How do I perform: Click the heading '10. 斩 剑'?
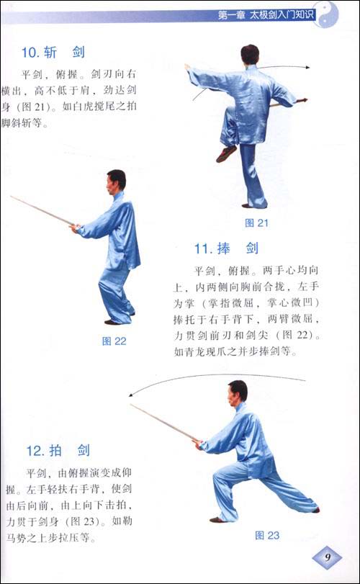pos(53,52)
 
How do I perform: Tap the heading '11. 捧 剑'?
pos(226,249)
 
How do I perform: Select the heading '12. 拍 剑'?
pos(58,451)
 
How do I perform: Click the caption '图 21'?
pos(256,223)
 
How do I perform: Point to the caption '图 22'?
pos(114,341)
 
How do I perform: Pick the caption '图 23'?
pos(267,535)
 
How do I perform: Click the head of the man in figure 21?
pos(249,54)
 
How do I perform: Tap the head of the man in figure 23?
pos(237,391)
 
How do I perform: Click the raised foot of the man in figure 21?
pos(227,153)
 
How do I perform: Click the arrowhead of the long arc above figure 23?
pos(132,394)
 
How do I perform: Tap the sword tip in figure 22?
pos(12,196)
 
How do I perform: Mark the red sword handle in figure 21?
pos(301,101)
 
